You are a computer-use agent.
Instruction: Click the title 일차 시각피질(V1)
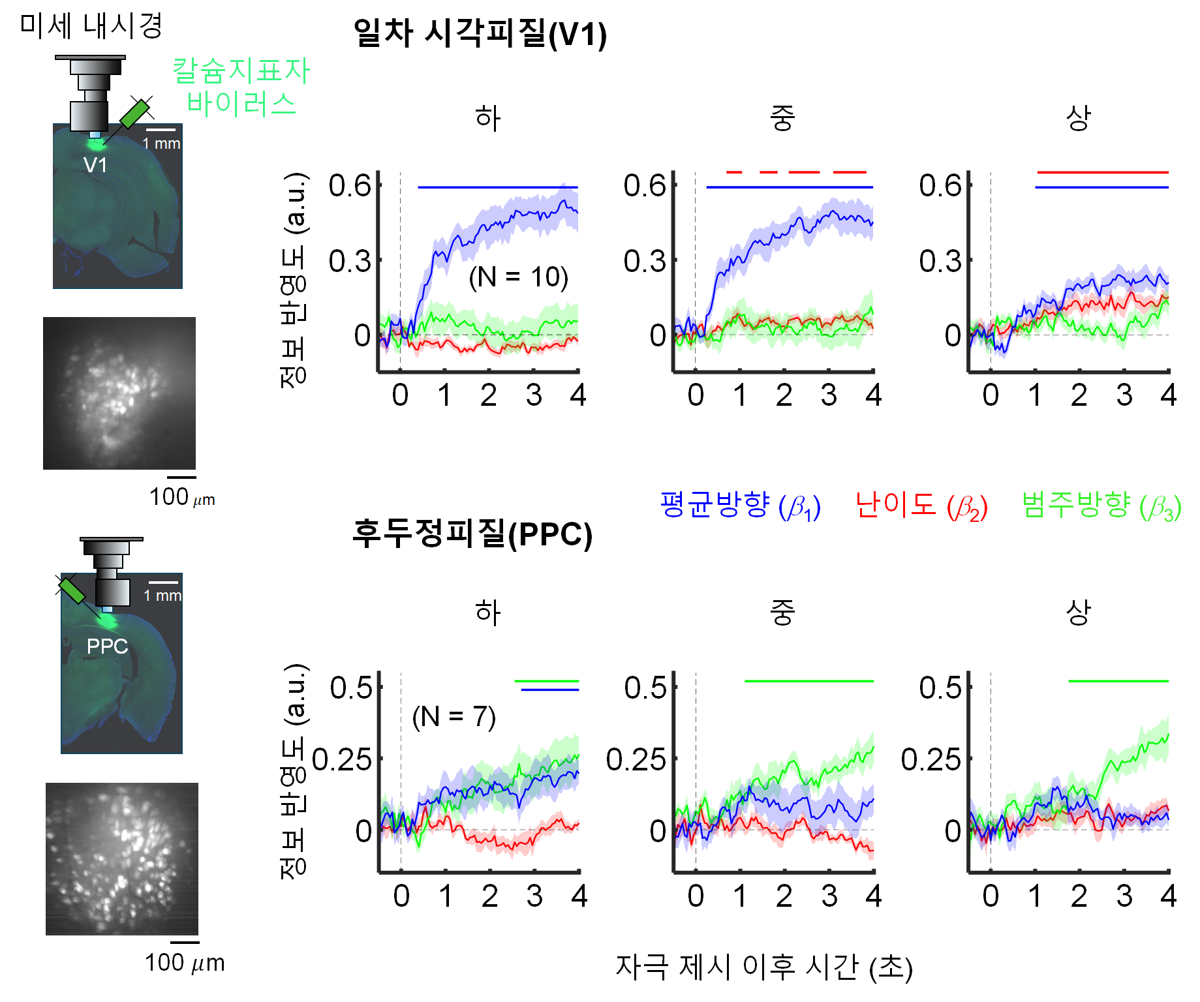click(480, 34)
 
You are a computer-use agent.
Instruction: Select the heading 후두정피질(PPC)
click(472, 534)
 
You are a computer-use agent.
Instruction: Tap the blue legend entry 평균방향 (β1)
click(739, 506)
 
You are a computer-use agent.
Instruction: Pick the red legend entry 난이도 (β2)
click(921, 506)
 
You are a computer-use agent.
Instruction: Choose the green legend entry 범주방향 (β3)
click(1101, 506)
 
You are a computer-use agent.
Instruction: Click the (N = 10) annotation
click(518, 277)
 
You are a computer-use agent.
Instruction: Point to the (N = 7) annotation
click(454, 716)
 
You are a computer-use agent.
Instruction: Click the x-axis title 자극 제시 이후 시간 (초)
click(763, 967)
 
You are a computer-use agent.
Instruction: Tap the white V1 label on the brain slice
click(95, 165)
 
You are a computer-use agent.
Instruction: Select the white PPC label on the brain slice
click(107, 646)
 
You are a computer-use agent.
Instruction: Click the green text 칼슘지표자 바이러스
click(241, 87)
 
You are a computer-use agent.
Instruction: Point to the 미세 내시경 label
click(91, 26)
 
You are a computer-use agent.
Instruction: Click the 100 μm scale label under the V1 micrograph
click(182, 498)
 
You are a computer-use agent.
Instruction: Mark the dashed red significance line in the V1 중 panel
click(796, 172)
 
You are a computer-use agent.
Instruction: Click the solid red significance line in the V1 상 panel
click(1102, 172)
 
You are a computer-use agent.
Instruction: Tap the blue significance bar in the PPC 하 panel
click(549, 690)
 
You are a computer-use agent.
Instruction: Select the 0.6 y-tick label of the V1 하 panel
click(350, 186)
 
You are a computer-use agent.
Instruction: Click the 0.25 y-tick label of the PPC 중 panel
click(636, 760)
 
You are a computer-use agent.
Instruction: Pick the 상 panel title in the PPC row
click(1078, 613)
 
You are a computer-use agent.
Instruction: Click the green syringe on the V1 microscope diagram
click(136, 114)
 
